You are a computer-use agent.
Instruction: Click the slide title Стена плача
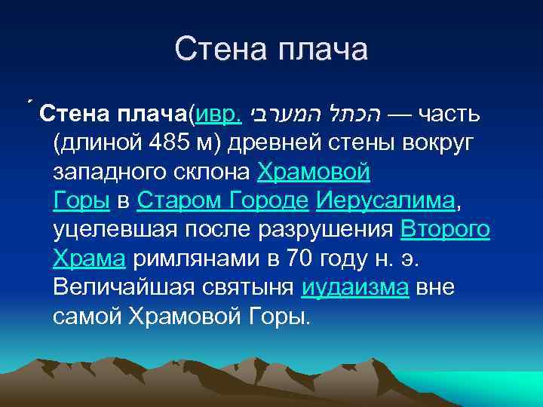(x=271, y=50)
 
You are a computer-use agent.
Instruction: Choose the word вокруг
(x=448, y=144)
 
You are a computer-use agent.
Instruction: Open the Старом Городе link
(x=223, y=201)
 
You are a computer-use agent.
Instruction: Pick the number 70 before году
(x=296, y=259)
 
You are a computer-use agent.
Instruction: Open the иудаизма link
(x=354, y=287)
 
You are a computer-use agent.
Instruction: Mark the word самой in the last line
(x=88, y=316)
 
